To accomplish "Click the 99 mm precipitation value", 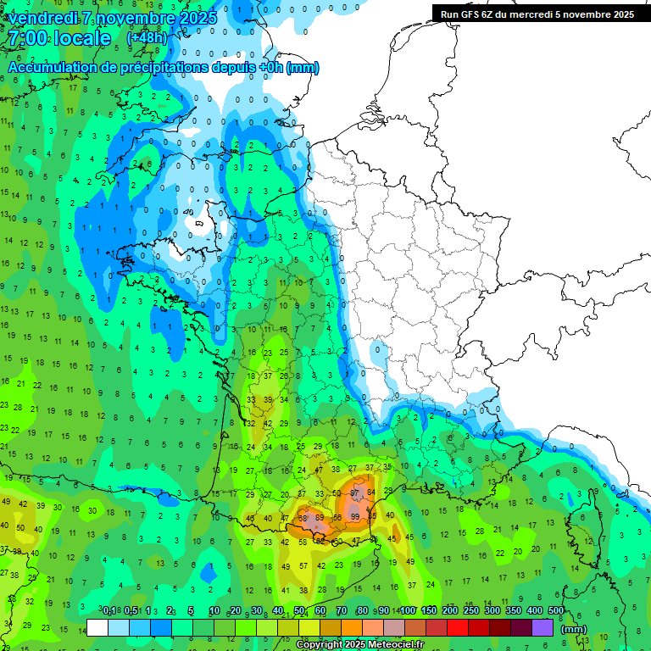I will click(354, 516).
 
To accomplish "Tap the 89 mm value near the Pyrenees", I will click(319, 516).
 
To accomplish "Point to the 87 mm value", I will click(357, 492).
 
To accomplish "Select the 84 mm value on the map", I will click(371, 492).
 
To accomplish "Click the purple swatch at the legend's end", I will click(542, 628).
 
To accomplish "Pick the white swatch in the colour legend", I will click(97, 628).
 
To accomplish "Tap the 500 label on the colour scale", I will click(555, 611).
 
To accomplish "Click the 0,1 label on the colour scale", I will click(108, 611).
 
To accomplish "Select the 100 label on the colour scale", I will click(407, 611).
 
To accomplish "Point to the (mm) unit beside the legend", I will click(574, 629).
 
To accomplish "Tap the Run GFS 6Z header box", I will click(537, 14).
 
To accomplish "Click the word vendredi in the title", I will click(42, 18).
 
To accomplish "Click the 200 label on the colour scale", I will click(449, 611).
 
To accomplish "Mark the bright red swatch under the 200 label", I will click(458, 628).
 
